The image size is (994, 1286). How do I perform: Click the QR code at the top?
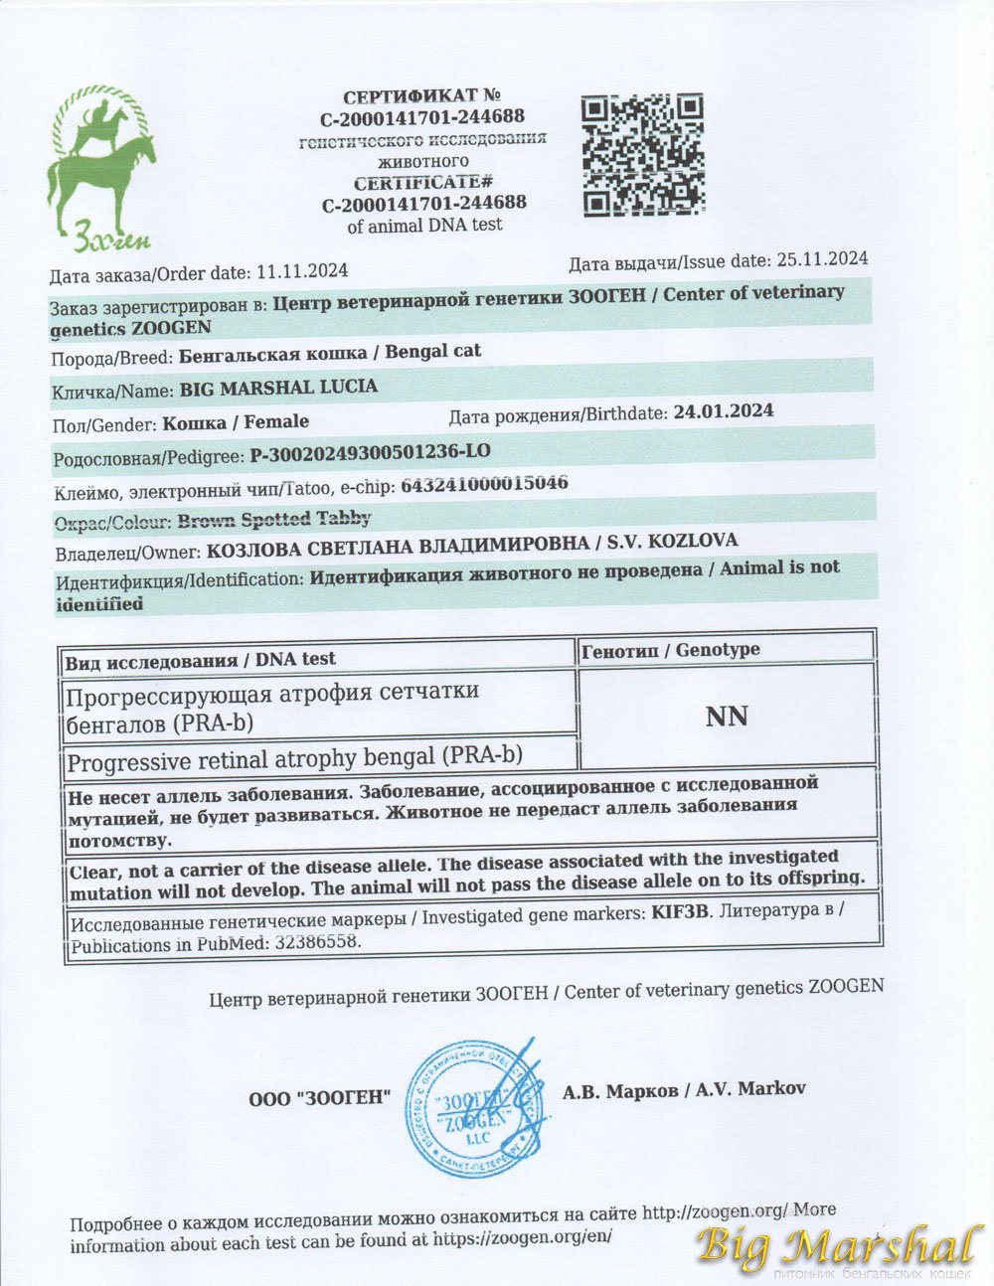pyautogui.click(x=642, y=155)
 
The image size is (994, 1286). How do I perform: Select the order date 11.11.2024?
pyautogui.click(x=302, y=270)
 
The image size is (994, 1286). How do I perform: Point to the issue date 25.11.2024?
pyautogui.click(x=822, y=259)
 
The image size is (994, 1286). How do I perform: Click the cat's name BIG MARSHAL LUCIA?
pyautogui.click(x=278, y=388)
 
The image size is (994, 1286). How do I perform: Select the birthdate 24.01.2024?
pyautogui.click(x=723, y=410)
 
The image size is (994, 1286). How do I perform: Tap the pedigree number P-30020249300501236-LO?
pyautogui.click(x=370, y=453)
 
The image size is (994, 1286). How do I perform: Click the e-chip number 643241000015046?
pyautogui.click(x=483, y=485)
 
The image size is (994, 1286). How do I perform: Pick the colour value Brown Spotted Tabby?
pyautogui.click(x=275, y=519)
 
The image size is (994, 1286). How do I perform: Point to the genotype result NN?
pyautogui.click(x=726, y=717)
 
